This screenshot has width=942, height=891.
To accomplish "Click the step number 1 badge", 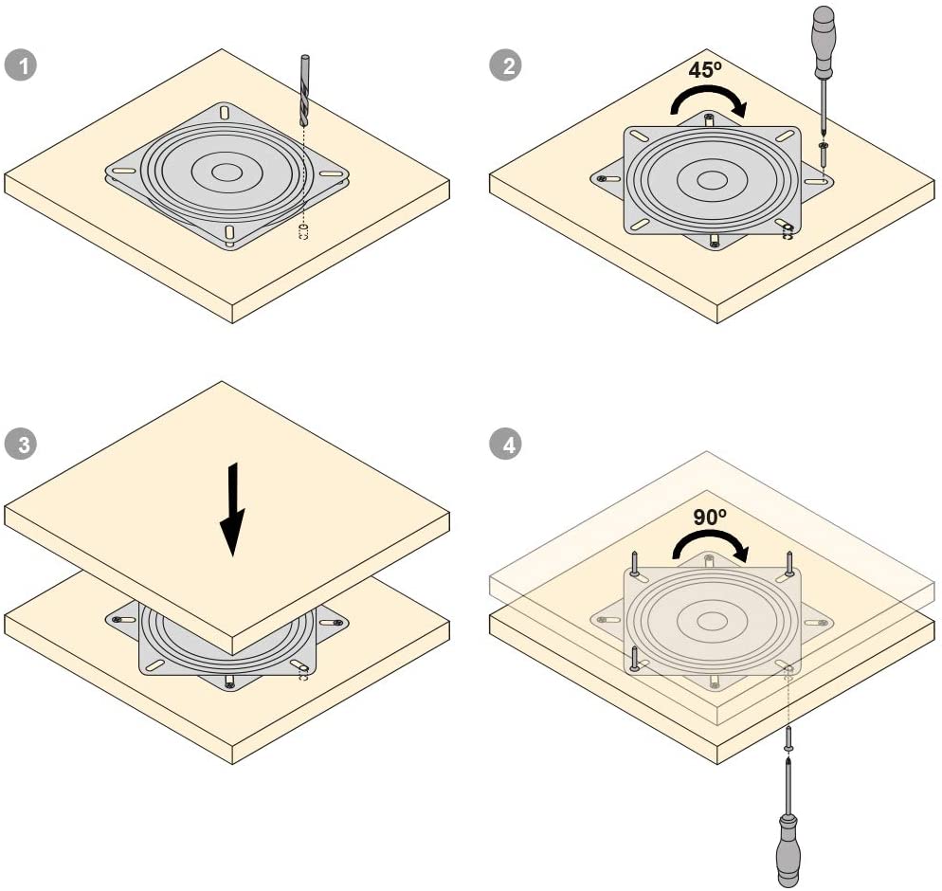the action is pos(21,64).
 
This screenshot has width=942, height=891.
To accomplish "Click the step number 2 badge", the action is pos(505,64).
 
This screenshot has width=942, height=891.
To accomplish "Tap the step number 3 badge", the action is pos(21,445).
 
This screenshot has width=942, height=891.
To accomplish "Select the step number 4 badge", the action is pos(505,445).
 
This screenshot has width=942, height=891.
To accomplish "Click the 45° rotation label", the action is pos(705,70).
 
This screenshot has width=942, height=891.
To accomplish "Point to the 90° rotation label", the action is pos(710,517).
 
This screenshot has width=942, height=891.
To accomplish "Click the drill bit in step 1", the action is pos(304,90).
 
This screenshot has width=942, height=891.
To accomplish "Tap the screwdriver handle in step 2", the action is pos(824,42).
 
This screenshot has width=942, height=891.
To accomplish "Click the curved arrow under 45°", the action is pos(709,100).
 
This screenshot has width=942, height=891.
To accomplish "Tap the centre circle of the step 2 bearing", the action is pos(712,180).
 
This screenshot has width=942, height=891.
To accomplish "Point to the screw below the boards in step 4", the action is pos(788,737).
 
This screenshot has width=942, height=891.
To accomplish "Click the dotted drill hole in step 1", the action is pos(303,231).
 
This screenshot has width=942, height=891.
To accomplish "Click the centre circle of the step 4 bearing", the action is pos(712,621).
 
